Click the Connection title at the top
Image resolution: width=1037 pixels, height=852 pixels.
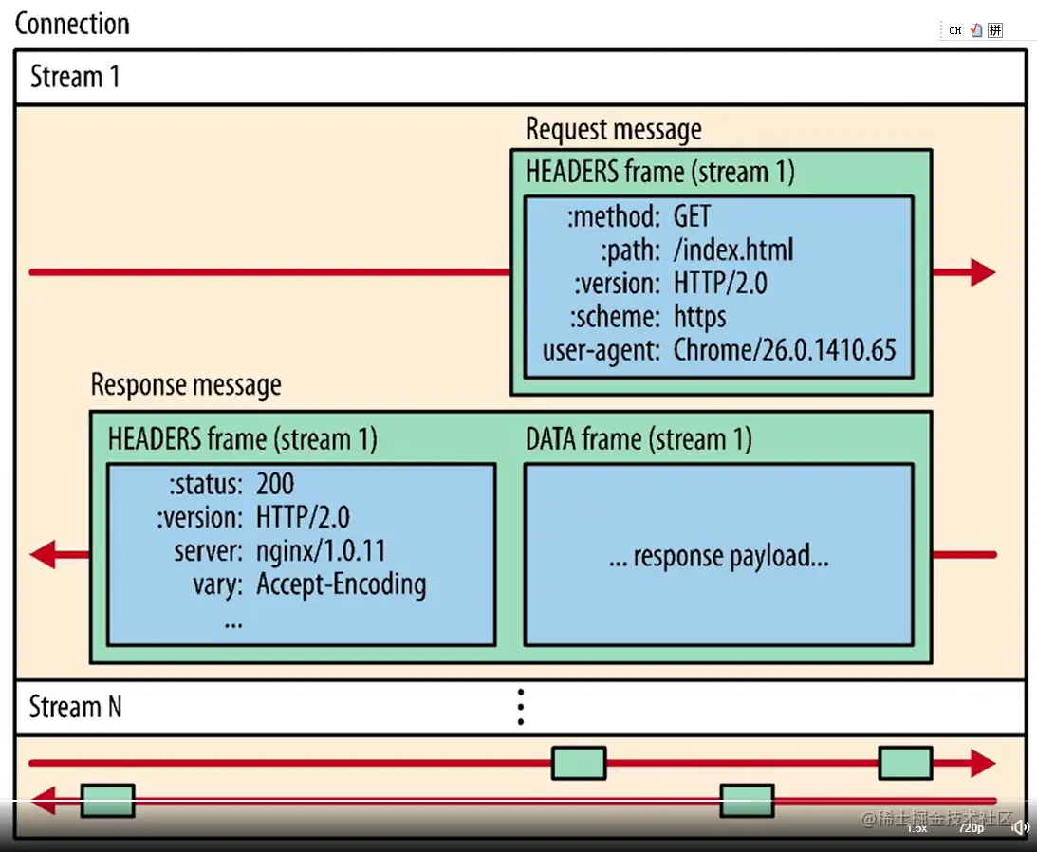pos(72,24)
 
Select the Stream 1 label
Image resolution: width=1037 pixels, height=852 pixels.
pos(75,76)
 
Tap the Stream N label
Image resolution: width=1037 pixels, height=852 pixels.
pos(75,707)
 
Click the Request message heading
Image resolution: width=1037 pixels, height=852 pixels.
pos(614,129)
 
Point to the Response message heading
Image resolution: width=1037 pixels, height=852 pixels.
pos(186,385)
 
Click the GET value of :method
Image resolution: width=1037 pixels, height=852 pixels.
pos(692,216)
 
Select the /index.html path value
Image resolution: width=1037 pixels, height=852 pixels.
pos(733,250)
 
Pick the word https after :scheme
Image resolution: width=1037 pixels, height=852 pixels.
pos(700,316)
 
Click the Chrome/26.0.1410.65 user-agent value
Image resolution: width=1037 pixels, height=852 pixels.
pos(785,349)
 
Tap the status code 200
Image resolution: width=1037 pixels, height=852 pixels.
pos(275,484)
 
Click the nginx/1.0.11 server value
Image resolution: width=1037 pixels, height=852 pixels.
pos(321,550)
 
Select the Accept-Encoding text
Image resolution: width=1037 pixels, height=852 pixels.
pos(341,583)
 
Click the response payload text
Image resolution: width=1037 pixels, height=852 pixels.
pos(718,556)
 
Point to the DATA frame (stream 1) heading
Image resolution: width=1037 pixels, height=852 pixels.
pos(639,439)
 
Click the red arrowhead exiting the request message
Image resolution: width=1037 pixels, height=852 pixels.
pos(981,273)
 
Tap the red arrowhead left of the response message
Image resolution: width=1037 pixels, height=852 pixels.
pos(45,555)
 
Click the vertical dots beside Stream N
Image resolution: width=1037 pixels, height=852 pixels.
pos(520,707)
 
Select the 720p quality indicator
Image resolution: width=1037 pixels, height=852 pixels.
pos(971,828)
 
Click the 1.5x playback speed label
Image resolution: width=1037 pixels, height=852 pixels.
pos(917,828)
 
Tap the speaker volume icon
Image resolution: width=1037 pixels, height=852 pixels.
pos(1021,828)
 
